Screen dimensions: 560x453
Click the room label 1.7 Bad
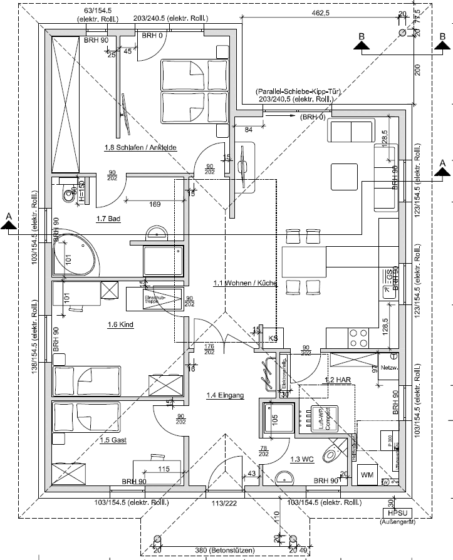click(108, 219)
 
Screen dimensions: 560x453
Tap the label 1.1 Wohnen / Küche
click(245, 283)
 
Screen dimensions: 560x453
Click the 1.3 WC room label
click(301, 459)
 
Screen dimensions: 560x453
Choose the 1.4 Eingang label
click(225, 395)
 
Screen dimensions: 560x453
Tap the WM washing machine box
click(367, 474)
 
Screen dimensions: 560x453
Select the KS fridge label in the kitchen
click(273, 338)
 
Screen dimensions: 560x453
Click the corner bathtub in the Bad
click(76, 254)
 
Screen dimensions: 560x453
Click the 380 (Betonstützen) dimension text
click(224, 551)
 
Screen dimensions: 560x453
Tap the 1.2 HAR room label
click(337, 380)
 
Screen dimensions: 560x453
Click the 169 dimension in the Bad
click(155, 204)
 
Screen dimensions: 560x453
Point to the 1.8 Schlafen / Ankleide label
click(140, 148)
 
